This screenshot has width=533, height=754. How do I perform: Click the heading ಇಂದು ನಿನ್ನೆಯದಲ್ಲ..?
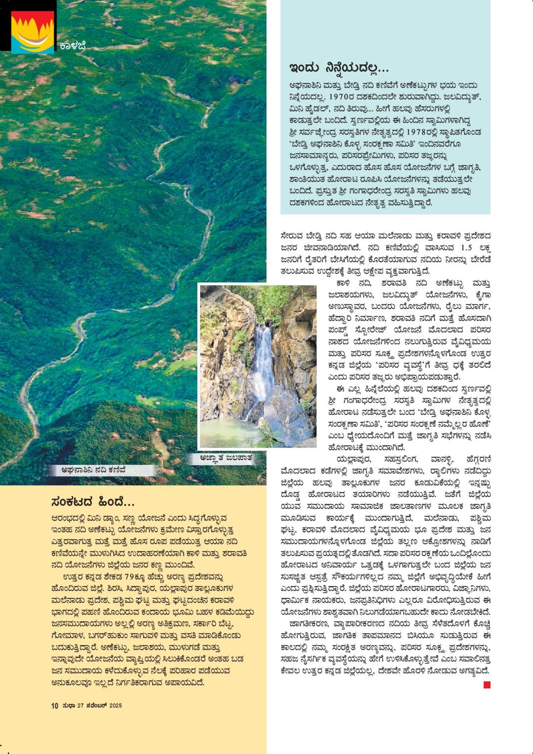339,67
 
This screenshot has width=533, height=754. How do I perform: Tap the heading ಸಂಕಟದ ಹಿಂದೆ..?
93,502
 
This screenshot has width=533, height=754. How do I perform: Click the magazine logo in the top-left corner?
33,32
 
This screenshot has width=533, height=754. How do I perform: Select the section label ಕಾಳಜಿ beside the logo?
73,46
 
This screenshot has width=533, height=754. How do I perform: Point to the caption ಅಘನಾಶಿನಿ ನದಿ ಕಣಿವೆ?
93,470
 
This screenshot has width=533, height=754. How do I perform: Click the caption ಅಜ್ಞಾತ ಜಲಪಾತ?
226,458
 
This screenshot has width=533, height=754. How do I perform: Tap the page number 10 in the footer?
54,706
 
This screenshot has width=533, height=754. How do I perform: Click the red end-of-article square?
487,685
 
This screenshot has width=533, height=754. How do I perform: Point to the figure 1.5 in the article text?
466,247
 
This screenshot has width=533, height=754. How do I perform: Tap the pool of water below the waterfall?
232,430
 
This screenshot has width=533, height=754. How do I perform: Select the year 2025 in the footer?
116,706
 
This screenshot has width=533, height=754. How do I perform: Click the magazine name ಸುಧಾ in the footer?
68,706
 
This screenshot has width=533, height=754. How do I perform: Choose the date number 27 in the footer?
80,706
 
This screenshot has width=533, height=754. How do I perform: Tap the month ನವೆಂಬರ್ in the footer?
96,706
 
